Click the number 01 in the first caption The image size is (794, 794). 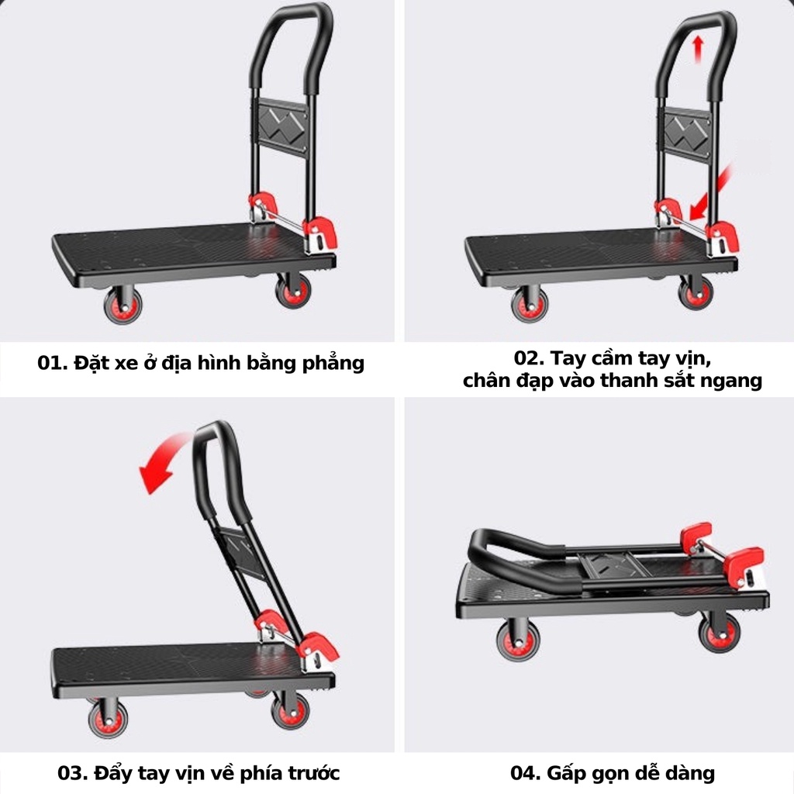(51, 363)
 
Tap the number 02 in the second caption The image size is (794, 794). (527, 358)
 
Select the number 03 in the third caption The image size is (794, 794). (71, 773)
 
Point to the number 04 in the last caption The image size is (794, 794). (523, 773)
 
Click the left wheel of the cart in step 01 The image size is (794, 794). (123, 304)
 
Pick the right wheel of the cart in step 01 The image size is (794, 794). (293, 291)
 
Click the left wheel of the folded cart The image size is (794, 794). (518, 640)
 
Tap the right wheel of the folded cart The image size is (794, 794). (719, 632)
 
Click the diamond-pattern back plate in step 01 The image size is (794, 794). (279, 125)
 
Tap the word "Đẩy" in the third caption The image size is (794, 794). (111, 773)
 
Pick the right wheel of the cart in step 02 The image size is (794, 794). (695, 292)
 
